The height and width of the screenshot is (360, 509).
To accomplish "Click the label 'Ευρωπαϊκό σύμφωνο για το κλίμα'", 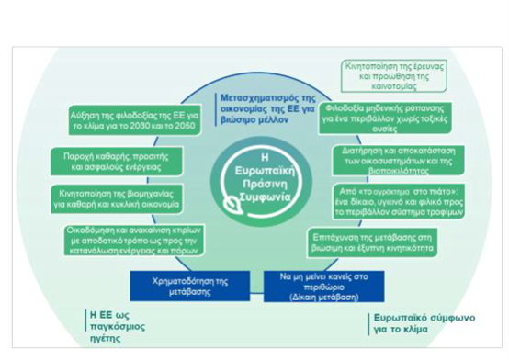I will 425,323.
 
